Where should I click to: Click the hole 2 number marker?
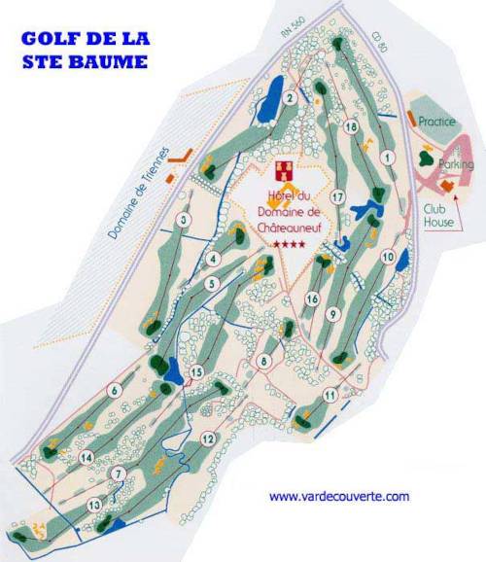click(x=290, y=97)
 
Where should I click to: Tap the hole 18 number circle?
click(x=351, y=127)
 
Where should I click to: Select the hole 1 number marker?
click(x=388, y=156)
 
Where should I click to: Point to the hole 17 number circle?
click(x=338, y=197)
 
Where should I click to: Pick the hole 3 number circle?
click(x=183, y=221)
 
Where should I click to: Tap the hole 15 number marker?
click(x=196, y=371)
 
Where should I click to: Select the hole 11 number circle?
click(x=330, y=395)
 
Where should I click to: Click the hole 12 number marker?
click(x=207, y=439)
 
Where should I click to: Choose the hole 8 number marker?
click(x=262, y=362)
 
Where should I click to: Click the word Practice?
click(x=437, y=123)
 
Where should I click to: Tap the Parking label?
click(x=456, y=164)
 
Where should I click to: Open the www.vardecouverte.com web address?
click(x=339, y=497)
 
